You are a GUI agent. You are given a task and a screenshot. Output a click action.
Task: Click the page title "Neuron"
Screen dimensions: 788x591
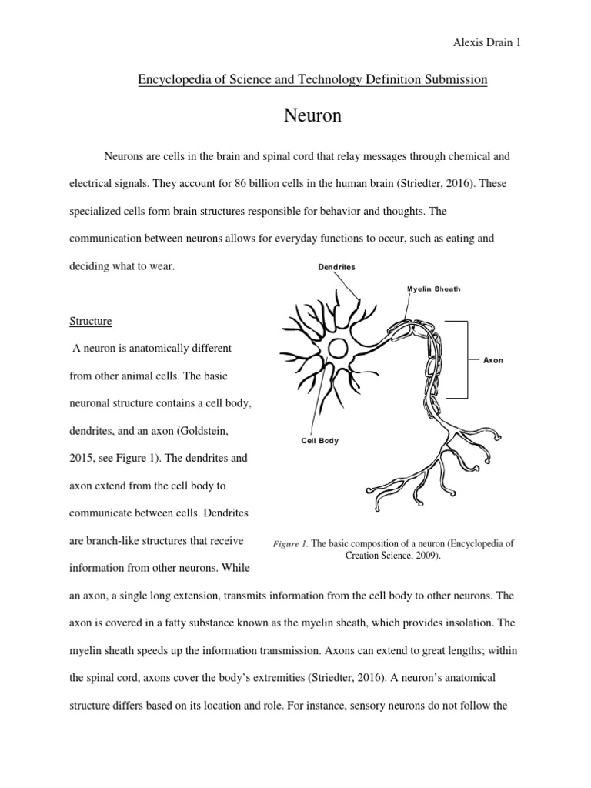tap(312, 116)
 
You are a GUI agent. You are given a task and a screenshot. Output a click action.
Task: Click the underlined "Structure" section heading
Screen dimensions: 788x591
tap(90, 320)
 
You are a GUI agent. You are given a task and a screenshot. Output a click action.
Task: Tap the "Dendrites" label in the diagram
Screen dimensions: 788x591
tap(336, 268)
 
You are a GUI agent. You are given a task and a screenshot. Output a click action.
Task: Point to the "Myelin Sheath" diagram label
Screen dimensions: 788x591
tap(433, 289)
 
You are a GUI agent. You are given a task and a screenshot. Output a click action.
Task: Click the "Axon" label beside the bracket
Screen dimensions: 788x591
tap(492, 359)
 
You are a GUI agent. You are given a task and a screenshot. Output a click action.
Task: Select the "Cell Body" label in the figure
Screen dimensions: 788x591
tap(319, 441)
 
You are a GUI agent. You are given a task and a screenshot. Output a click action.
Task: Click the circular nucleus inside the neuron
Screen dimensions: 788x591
tap(337, 349)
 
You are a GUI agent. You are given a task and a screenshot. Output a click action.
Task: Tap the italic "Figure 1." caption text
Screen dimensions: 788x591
tap(290, 543)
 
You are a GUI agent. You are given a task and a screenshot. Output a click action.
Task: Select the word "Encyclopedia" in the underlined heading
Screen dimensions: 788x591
tap(170, 79)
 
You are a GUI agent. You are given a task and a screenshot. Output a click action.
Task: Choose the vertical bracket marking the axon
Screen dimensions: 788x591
tap(467, 359)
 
